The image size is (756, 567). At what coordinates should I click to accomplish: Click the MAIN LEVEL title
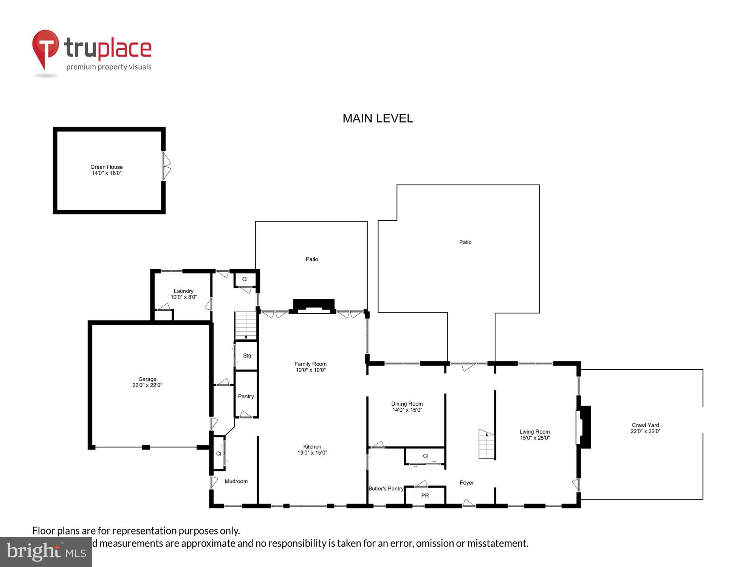(x=378, y=118)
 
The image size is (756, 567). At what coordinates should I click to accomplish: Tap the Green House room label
(x=107, y=167)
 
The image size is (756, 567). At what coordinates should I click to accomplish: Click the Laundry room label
(x=183, y=291)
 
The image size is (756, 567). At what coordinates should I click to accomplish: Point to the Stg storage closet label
(x=247, y=356)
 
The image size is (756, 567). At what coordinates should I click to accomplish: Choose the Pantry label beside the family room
(x=246, y=397)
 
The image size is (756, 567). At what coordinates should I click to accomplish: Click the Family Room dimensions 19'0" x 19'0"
(x=310, y=370)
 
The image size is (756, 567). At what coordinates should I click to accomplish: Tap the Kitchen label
(x=312, y=447)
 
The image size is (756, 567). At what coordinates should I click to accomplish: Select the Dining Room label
(x=407, y=404)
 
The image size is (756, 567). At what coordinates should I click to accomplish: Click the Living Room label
(x=534, y=432)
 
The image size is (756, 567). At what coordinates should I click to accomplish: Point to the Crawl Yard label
(x=645, y=425)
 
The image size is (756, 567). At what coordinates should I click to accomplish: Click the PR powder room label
(x=425, y=496)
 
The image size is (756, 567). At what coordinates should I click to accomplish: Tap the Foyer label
(x=466, y=483)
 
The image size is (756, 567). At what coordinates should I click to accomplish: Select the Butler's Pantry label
(x=386, y=489)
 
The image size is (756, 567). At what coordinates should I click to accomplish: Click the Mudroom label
(x=236, y=481)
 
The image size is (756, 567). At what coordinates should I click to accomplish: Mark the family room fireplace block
(x=314, y=305)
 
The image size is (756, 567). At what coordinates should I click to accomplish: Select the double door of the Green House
(x=166, y=166)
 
